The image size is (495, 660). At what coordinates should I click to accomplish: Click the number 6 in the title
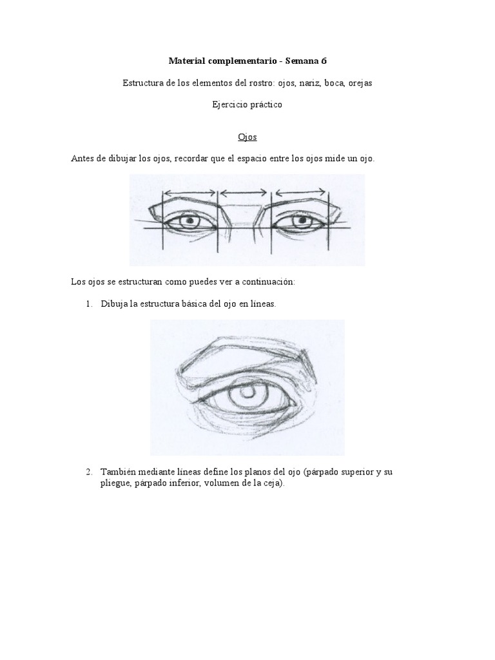(x=323, y=61)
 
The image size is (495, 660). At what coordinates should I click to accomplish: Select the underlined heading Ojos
(x=247, y=137)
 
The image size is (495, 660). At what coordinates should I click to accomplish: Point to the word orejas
(x=358, y=83)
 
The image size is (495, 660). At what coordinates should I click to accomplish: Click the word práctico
(x=263, y=105)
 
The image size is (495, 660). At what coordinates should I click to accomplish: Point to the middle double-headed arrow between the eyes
(x=244, y=192)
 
